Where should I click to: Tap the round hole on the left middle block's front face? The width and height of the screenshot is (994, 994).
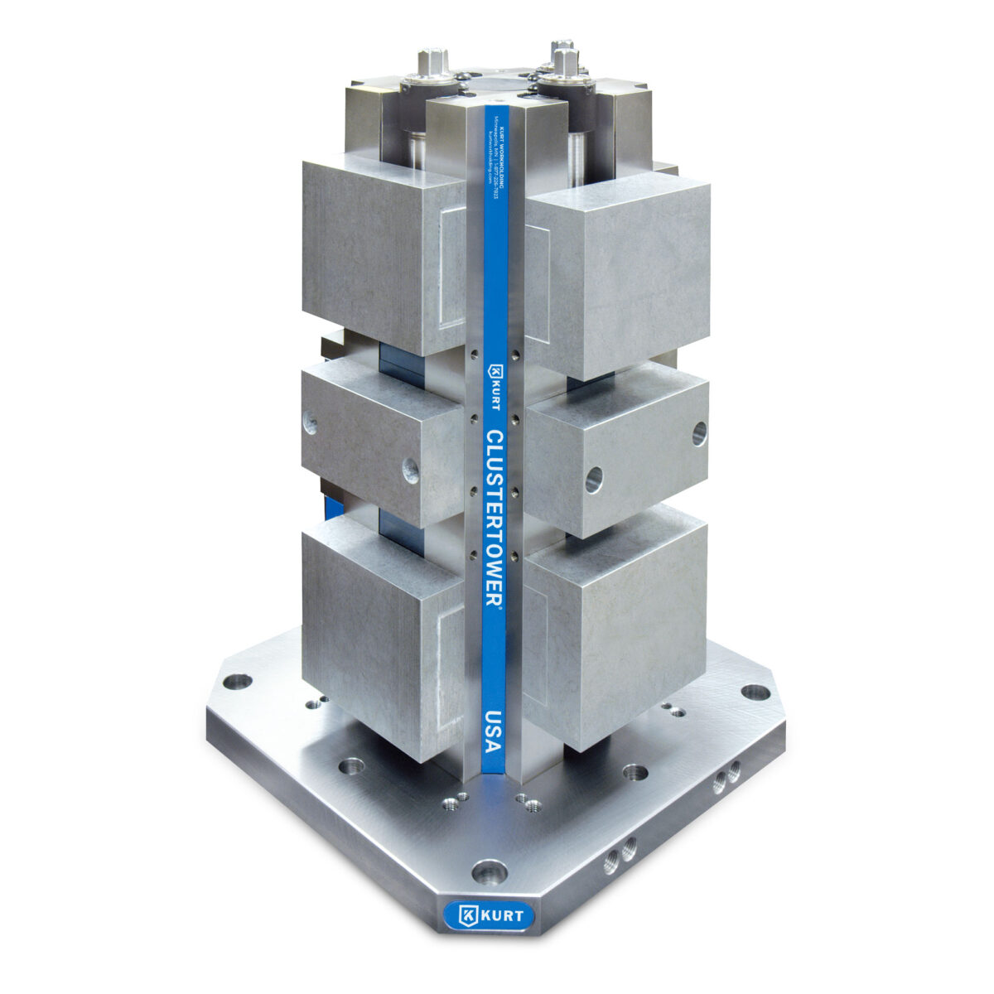[411, 471]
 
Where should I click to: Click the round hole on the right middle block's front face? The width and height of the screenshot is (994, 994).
[594, 478]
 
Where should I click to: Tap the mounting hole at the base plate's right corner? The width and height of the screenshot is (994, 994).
[752, 691]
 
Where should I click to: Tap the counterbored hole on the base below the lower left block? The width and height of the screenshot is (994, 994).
[350, 765]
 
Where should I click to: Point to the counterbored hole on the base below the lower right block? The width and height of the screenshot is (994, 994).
[635, 772]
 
